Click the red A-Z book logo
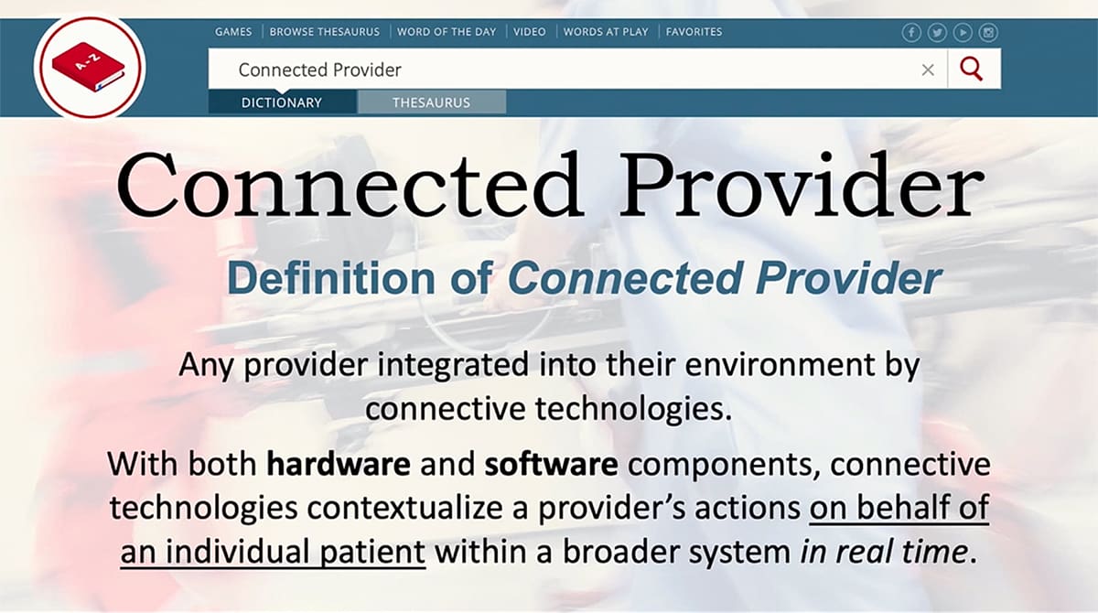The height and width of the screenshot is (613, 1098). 89,66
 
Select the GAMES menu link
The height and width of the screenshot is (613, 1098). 233,32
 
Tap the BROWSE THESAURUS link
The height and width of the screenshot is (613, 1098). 325,32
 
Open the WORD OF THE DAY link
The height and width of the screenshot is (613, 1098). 447,32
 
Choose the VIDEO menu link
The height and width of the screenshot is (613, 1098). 529,32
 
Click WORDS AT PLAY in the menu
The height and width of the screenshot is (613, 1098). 606,32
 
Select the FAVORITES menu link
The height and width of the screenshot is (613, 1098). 694,32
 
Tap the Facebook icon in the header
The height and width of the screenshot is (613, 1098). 911,33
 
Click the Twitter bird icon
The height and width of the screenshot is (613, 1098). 937,33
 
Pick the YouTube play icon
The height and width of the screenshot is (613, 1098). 963,33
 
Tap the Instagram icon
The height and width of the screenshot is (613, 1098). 988,33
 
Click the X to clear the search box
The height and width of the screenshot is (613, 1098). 928,70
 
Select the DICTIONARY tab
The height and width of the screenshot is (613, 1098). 282,102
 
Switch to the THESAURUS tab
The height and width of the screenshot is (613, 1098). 431,102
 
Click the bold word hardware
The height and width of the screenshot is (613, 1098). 338,464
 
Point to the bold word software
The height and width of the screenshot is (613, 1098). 552,464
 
